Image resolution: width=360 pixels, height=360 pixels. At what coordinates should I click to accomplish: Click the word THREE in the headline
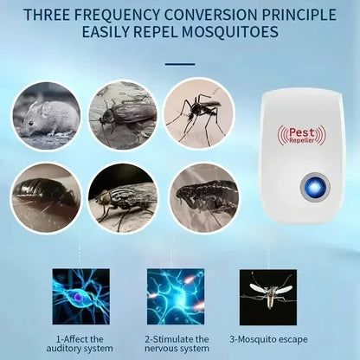[x=55, y=14]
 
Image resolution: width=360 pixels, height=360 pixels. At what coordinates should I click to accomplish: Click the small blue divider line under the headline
[x=179, y=62]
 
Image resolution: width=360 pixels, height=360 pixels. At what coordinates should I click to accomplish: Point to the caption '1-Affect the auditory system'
[x=80, y=343]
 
